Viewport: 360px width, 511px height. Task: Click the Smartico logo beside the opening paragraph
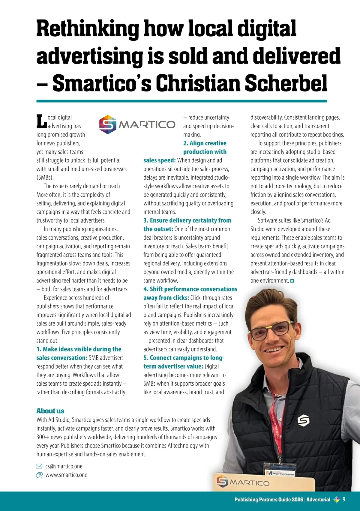pyautogui.click(x=137, y=124)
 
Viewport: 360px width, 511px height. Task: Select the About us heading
pyautogui.click(x=50, y=411)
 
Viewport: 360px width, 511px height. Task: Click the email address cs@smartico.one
pyautogui.click(x=64, y=466)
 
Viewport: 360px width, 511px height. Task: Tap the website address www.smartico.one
pyautogui.click(x=66, y=475)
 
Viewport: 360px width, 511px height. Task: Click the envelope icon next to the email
pyautogui.click(x=39, y=466)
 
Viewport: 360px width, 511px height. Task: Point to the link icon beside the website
pyautogui.click(x=39, y=475)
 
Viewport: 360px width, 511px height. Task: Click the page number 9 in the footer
pyautogui.click(x=344, y=499)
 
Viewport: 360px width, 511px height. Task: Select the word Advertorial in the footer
pyautogui.click(x=318, y=500)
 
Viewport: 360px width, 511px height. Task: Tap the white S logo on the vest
pyautogui.click(x=303, y=421)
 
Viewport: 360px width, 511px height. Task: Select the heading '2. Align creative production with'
pyautogui.click(x=205, y=147)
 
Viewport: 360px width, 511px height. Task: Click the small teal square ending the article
pyautogui.click(x=292, y=281)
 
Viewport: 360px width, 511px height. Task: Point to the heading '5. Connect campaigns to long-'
pyautogui.click(x=184, y=358)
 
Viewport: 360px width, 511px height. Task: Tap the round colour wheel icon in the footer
pyautogui.click(x=336, y=500)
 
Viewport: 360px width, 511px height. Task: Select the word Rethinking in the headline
pyautogui.click(x=88, y=28)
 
